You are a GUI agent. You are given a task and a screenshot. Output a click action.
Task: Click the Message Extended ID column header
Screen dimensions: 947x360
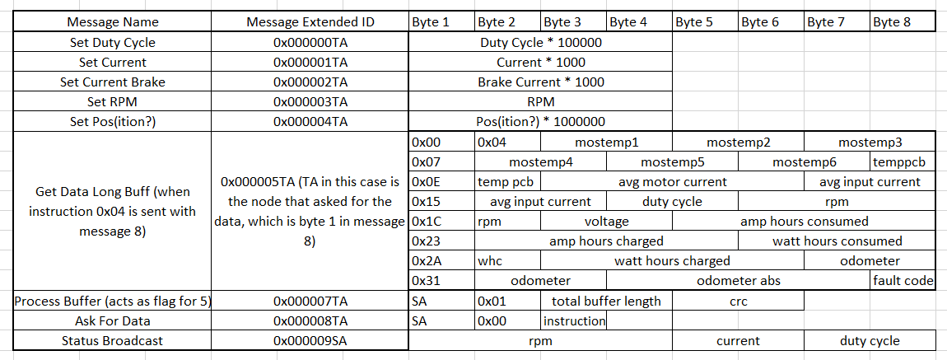pyautogui.click(x=310, y=22)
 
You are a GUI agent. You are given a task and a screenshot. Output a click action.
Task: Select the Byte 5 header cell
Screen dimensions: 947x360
pyautogui.click(x=705, y=22)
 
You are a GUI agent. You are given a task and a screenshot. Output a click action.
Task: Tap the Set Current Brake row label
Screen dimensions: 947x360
pyautogui.click(x=112, y=82)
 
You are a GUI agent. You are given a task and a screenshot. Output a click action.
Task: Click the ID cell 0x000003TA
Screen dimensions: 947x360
pyautogui.click(x=310, y=102)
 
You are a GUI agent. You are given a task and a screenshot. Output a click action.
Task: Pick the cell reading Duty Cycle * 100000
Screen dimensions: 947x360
pyautogui.click(x=540, y=43)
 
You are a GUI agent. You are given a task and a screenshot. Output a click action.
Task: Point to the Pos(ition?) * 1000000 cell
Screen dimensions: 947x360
pyautogui.click(x=540, y=121)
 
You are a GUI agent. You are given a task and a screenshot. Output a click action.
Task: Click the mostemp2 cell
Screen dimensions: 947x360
pyautogui.click(x=738, y=143)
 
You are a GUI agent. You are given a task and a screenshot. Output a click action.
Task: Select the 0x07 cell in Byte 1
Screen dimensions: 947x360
pyautogui.click(x=442, y=162)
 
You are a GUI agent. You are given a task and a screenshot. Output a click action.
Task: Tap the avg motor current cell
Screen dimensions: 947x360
pyautogui.click(x=672, y=182)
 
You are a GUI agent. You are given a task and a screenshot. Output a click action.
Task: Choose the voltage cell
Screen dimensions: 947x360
pyautogui.click(x=606, y=221)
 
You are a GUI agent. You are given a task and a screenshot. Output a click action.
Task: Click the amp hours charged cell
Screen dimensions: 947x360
pyautogui.click(x=606, y=241)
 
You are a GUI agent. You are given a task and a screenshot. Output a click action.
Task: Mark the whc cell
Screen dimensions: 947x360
pyautogui.click(x=508, y=261)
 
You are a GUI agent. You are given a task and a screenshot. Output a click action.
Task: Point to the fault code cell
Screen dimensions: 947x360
pyautogui.click(x=903, y=281)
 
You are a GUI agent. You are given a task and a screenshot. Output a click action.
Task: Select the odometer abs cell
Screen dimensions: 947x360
pyautogui.click(x=738, y=281)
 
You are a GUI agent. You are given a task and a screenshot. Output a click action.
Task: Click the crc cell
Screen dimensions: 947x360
pyautogui.click(x=738, y=301)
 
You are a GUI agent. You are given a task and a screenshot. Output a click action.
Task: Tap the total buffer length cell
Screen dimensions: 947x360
pyautogui.click(x=606, y=301)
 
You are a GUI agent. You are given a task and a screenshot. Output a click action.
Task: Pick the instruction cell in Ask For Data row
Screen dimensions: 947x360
pyautogui.click(x=574, y=320)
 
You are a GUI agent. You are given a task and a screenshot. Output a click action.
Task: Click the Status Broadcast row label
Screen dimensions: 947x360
pyautogui.click(x=112, y=341)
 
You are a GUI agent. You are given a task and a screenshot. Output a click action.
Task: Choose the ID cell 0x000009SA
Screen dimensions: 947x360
pyautogui.click(x=310, y=341)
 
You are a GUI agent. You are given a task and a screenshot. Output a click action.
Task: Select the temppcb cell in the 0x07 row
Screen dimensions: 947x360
pyautogui.click(x=903, y=162)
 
